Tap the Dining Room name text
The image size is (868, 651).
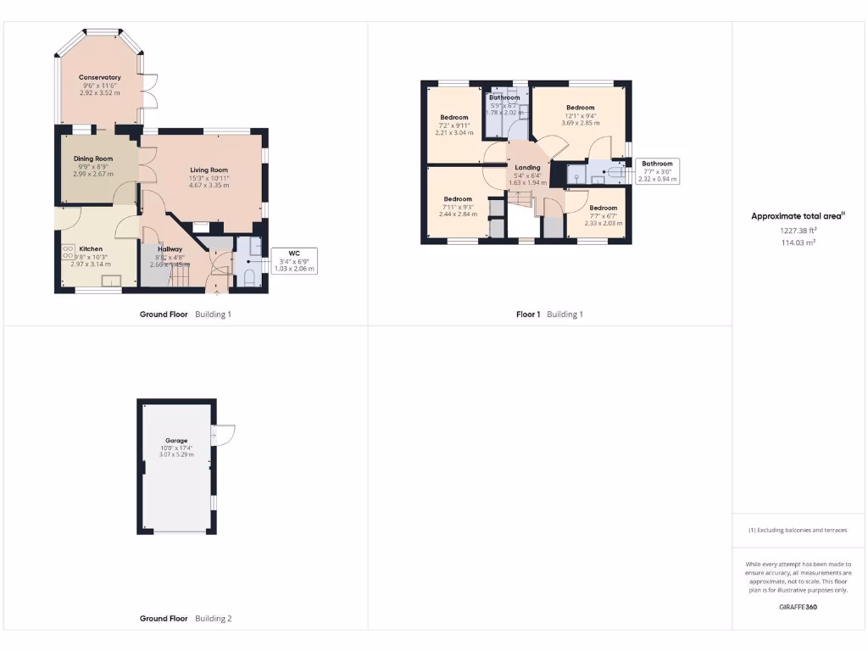point(93,159)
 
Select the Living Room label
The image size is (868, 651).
point(209,170)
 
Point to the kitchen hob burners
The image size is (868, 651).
point(68,252)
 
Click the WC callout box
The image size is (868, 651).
point(294,260)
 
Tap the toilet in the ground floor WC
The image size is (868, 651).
point(249,277)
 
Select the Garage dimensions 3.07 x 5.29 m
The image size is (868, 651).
point(176,455)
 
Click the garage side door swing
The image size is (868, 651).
point(223,434)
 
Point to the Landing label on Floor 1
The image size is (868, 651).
point(527,168)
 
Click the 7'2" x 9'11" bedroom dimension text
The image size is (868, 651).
point(453,125)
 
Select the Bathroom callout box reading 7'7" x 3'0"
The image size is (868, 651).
point(657,171)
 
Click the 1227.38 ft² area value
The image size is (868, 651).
point(798,230)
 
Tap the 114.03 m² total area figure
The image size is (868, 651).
point(798,242)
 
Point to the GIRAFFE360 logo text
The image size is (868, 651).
point(798,607)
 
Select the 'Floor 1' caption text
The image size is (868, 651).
point(528,314)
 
